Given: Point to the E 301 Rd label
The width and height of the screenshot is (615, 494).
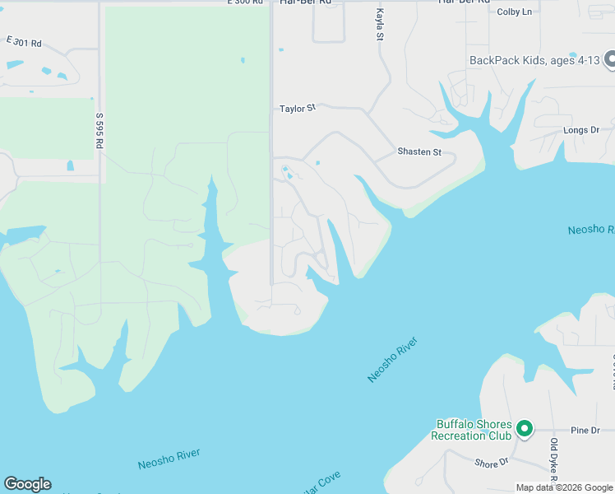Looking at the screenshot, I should [24, 41].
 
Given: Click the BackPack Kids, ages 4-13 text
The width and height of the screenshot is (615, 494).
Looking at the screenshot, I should [534, 60].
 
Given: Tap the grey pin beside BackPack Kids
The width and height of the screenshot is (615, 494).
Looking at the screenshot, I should [610, 59].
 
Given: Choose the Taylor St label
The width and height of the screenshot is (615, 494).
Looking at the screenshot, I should [298, 108].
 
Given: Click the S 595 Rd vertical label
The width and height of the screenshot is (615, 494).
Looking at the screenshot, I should [99, 131].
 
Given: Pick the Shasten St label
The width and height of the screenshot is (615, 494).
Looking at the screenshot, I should [419, 151].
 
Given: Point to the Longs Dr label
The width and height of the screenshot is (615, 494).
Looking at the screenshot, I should [581, 130].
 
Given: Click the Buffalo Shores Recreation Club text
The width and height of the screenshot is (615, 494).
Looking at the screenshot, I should [473, 430].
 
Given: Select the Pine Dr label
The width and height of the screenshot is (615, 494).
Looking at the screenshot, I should [585, 431].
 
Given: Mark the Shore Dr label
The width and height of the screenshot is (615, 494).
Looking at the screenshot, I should [492, 463].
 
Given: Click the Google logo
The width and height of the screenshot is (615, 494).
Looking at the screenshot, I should [27, 484].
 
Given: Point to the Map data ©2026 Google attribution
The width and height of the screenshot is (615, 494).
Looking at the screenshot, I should [564, 487].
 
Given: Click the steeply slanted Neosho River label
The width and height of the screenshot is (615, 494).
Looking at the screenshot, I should [393, 359].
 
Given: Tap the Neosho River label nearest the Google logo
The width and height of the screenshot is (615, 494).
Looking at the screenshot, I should [169, 459].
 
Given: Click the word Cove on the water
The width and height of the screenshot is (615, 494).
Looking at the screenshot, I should [326, 481].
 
